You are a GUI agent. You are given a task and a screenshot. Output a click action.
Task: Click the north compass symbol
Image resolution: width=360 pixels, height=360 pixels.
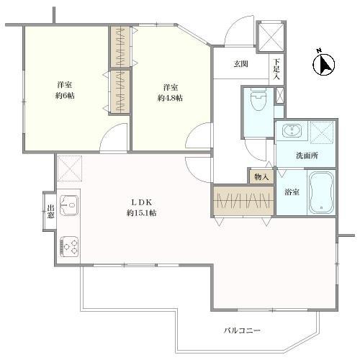[x=324, y=64]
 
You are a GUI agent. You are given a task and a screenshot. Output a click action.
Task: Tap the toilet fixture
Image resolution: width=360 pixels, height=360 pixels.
[x=258, y=99]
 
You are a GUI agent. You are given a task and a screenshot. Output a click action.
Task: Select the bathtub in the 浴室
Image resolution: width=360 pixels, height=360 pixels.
[x=321, y=192]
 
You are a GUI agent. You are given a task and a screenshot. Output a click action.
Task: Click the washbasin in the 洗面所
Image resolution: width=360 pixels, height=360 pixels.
[x=292, y=130]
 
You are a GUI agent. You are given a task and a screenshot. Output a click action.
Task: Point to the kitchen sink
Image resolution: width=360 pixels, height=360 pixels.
[x=69, y=205]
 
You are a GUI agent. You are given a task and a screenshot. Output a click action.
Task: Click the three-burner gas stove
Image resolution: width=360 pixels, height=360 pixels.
[x=69, y=246]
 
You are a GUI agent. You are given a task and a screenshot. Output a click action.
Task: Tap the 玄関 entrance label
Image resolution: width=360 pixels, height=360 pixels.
[x=240, y=64]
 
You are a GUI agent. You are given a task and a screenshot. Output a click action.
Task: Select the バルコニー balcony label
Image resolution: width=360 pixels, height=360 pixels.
[x=242, y=330]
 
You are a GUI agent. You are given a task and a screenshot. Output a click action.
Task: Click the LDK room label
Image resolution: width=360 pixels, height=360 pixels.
[x=142, y=202]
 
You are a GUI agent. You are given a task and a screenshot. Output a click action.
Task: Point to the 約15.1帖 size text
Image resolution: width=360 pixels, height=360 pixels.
[x=142, y=213]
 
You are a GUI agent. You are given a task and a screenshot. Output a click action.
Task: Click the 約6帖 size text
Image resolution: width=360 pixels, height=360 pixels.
[x=65, y=96]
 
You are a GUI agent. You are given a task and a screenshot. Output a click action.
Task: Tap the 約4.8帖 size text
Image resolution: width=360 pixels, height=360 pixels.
[x=170, y=98]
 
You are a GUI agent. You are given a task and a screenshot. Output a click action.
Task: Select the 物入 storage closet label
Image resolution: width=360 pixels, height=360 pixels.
[x=261, y=177]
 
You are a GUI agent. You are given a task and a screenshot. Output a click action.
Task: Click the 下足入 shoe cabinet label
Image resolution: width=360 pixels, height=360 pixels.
[x=276, y=69]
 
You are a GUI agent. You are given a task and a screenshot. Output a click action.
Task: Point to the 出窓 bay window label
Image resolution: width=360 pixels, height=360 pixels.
[x=50, y=211]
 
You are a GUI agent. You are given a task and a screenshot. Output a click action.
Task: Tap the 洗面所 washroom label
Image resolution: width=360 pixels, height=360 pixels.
[x=307, y=156]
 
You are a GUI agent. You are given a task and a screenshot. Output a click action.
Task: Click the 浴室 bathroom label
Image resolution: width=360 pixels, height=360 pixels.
[x=292, y=192]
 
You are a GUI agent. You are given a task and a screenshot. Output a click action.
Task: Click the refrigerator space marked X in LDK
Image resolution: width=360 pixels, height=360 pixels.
[x=70, y=168]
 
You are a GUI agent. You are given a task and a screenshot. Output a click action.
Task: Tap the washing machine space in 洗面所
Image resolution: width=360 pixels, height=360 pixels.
[x=323, y=132]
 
